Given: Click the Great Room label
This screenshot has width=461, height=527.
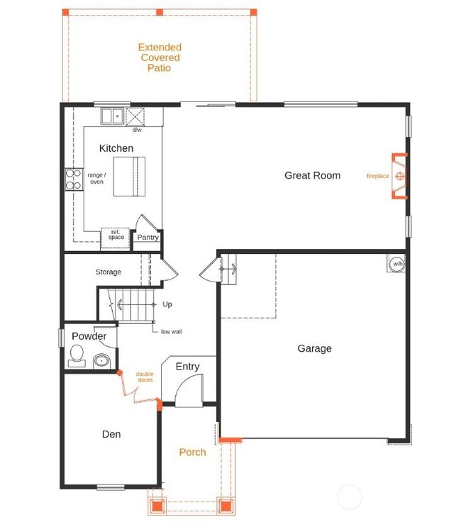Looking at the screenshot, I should click(x=312, y=175).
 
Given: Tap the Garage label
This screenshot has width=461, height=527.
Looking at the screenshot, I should click(x=314, y=348).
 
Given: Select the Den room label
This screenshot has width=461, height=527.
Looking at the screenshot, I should click(x=111, y=434).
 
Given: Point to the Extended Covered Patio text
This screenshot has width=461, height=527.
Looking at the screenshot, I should click(x=160, y=57).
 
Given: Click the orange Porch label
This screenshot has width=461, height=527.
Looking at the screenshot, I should click(x=192, y=452).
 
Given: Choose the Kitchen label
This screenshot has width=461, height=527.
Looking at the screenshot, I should click(x=116, y=148).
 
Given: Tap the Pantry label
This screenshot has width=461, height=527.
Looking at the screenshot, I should click(x=148, y=238).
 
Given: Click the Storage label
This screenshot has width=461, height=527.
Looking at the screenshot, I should click(x=109, y=272).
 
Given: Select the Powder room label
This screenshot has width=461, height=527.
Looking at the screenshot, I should click(x=89, y=336).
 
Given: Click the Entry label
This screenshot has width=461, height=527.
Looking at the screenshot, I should click(x=187, y=367).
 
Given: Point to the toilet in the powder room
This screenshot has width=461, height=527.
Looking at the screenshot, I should click(x=77, y=356).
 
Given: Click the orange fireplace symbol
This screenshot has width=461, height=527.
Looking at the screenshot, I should click(x=400, y=176).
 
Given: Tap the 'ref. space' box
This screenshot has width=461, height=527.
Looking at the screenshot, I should click(x=115, y=236).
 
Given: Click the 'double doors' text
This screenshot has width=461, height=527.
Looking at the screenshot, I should click(x=145, y=377).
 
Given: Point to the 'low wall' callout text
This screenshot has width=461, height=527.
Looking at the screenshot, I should click(x=171, y=331).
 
